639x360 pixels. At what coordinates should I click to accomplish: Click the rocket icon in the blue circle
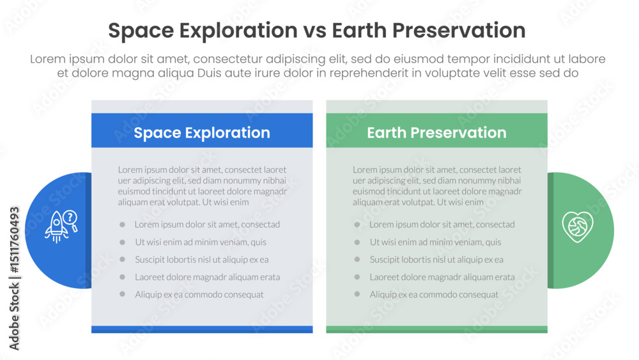(x=57, y=228)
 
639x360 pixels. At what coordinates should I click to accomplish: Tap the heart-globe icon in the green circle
(x=578, y=226)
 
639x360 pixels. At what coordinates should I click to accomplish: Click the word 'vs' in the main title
(x=314, y=31)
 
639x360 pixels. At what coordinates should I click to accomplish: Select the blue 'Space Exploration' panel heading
(x=202, y=133)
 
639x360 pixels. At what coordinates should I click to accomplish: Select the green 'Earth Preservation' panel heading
(x=436, y=133)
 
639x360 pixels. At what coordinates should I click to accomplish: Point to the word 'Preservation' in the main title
(x=459, y=31)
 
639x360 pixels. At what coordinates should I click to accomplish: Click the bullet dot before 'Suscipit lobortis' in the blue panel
(x=122, y=260)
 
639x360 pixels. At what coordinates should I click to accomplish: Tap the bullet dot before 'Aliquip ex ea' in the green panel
(x=357, y=294)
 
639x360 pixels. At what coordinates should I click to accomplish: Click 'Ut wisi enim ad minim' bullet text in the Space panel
(x=201, y=242)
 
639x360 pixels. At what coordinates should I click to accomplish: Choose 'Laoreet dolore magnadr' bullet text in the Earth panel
(x=442, y=278)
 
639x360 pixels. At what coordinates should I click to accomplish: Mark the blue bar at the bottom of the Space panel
(x=202, y=329)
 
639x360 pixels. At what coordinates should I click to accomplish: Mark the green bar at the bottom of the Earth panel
(x=436, y=329)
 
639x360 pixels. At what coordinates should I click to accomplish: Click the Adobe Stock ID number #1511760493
(x=14, y=240)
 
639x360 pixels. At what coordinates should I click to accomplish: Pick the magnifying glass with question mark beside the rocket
(x=71, y=221)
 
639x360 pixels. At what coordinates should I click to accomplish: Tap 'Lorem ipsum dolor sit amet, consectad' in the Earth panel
(x=442, y=224)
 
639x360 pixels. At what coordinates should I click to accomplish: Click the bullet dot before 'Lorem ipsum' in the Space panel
(x=122, y=224)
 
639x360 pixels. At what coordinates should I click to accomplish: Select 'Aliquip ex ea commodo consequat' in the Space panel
(x=199, y=295)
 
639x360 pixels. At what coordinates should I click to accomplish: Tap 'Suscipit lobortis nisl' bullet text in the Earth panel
(x=436, y=260)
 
